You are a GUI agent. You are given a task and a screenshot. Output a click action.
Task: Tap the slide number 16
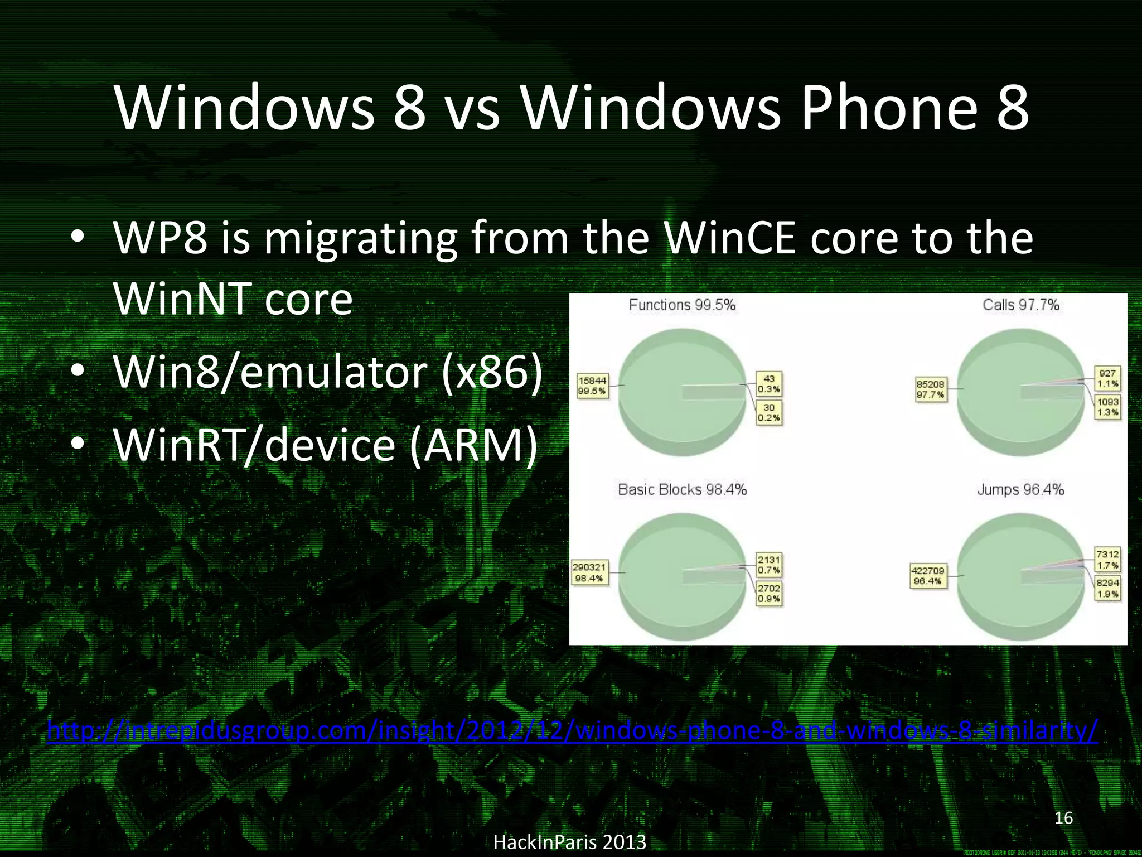(x=1064, y=818)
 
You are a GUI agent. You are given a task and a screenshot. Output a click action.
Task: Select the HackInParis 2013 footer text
(x=570, y=841)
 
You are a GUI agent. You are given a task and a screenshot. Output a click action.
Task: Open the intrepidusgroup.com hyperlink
(x=573, y=731)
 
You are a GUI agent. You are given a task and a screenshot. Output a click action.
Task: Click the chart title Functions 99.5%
(x=682, y=305)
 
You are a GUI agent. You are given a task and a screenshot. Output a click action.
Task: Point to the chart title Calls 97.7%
(x=1020, y=305)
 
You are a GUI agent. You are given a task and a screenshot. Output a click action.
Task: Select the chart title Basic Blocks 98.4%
(x=682, y=489)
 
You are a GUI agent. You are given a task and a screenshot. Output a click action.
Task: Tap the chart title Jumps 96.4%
(x=1020, y=489)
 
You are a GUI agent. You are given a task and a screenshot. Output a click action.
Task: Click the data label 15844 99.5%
(x=592, y=386)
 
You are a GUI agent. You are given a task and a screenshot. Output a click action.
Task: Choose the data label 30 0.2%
(x=769, y=413)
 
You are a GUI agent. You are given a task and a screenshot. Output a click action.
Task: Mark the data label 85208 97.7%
(x=930, y=389)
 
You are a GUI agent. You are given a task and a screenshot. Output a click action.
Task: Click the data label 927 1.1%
(x=1107, y=378)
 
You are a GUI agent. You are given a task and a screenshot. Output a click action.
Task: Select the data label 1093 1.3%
(x=1107, y=407)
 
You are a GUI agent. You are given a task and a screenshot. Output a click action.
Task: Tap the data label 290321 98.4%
(x=589, y=572)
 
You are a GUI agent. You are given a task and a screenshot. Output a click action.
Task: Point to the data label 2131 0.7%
(x=769, y=565)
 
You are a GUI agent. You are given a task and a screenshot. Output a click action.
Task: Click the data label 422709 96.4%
(x=928, y=575)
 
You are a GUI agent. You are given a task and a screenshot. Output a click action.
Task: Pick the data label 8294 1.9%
(x=1107, y=588)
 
